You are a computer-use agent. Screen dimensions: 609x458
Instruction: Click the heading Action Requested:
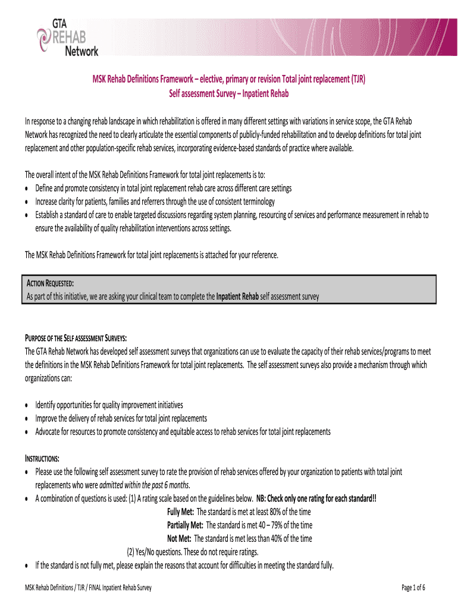[48, 282]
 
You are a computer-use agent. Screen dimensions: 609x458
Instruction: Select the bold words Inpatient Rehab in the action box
[237, 296]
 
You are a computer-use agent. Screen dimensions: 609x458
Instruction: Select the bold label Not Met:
[179, 538]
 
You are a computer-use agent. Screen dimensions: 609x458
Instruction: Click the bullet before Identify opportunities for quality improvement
[27, 404]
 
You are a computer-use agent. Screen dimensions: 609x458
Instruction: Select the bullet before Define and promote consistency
[27, 188]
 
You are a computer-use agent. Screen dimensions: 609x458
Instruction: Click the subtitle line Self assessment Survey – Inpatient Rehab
[229, 94]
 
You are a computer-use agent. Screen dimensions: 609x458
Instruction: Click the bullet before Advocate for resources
[27, 432]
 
